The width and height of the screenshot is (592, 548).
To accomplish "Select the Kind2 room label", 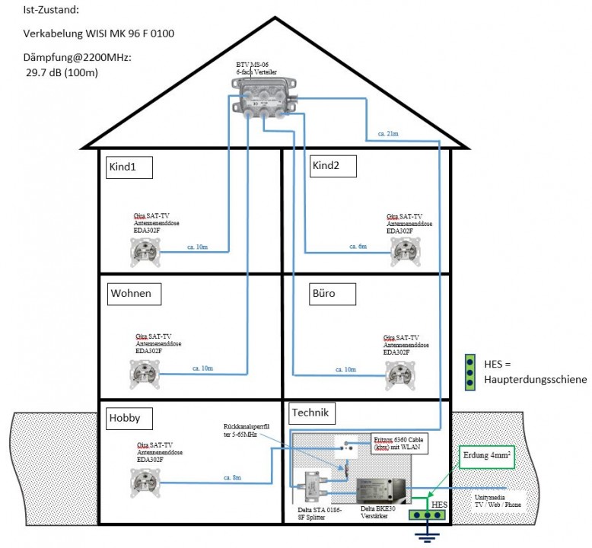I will pyautogui.click(x=332, y=166).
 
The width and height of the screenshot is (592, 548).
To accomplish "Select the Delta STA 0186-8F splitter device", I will pyautogui.click(x=314, y=484).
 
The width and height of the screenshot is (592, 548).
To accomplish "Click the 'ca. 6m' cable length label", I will pyautogui.click(x=358, y=247).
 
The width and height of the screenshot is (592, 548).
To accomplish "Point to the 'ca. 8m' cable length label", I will pyautogui.click(x=232, y=477).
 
